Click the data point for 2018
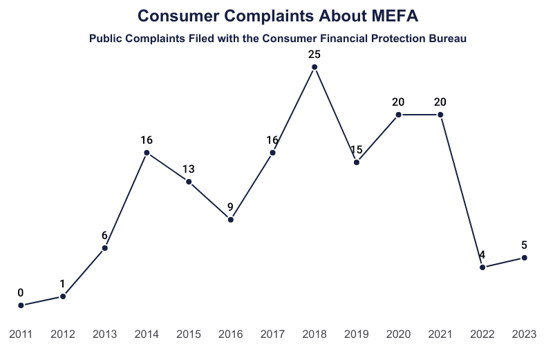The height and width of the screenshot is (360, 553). click(315, 67)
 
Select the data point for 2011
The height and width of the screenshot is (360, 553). click(21, 305)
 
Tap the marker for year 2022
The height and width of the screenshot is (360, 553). click(482, 267)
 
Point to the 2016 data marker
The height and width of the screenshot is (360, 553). click(231, 220)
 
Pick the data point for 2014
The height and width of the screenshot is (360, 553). click(147, 153)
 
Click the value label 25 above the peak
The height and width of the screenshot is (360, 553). click(315, 53)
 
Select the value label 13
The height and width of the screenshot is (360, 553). click(189, 169)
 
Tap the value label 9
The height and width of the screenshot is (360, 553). click(231, 206)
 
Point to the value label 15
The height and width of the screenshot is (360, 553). click(357, 149)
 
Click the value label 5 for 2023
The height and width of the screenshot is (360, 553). click(525, 245)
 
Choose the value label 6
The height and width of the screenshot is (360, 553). click(104, 235)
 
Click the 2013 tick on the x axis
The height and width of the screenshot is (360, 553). click(104, 334)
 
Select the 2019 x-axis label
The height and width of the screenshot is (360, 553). click(357, 334)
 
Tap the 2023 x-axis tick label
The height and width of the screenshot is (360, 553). click(525, 334)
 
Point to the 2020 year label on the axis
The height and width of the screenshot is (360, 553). click(399, 334)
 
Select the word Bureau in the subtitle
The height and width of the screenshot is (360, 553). click(446, 39)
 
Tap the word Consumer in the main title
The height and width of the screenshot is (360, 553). click(176, 15)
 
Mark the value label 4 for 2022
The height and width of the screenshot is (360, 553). click(482, 254)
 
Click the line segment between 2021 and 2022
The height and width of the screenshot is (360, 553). click(462, 191)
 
